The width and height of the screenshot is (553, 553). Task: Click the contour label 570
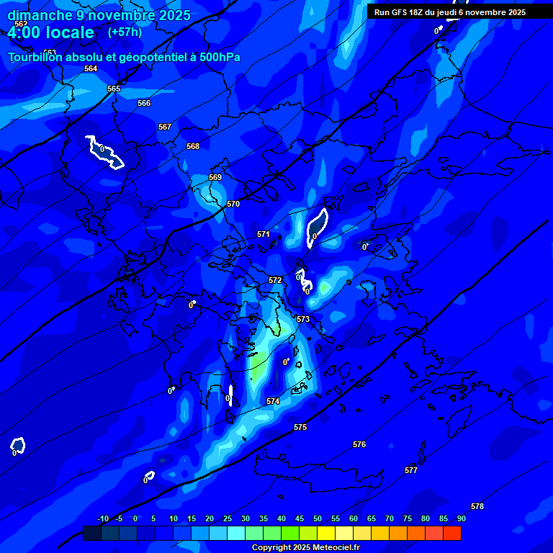click(x=233, y=204)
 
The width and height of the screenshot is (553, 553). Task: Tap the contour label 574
click(x=273, y=402)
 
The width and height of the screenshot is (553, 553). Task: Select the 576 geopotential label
click(x=359, y=445)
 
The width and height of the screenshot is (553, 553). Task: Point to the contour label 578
click(x=477, y=507)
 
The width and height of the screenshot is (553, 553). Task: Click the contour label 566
click(x=144, y=104)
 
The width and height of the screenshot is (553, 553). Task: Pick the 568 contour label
click(x=193, y=147)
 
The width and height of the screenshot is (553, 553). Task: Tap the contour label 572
click(x=275, y=281)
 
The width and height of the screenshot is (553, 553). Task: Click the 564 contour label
click(x=91, y=69)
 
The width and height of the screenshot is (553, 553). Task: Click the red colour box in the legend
click(x=452, y=534)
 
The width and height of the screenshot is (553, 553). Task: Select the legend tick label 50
click(x=335, y=519)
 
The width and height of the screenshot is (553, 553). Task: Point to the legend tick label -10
click(x=103, y=519)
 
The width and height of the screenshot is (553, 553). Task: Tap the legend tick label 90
click(x=461, y=519)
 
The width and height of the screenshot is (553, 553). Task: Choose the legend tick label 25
click(x=227, y=519)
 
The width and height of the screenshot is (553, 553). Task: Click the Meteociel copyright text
click(x=305, y=548)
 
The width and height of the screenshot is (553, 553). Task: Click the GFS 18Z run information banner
click(x=450, y=12)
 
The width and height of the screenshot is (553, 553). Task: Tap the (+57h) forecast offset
click(x=125, y=32)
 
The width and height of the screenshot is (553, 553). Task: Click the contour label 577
click(x=411, y=471)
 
